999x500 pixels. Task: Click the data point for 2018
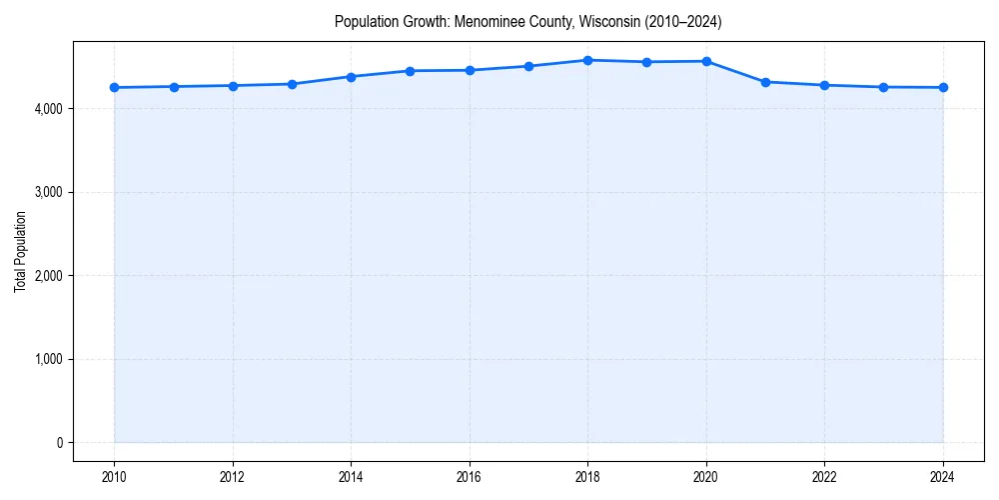click(x=587, y=60)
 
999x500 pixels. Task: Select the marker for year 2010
click(x=114, y=88)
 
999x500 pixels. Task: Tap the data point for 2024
click(x=943, y=88)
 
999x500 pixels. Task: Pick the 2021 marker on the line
click(x=765, y=82)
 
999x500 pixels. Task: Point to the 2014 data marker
click(x=351, y=77)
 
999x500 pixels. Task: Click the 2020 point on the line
click(x=706, y=61)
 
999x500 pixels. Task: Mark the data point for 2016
click(x=470, y=70)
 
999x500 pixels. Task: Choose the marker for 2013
click(x=292, y=84)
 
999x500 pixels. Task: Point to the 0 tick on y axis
click(x=59, y=443)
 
